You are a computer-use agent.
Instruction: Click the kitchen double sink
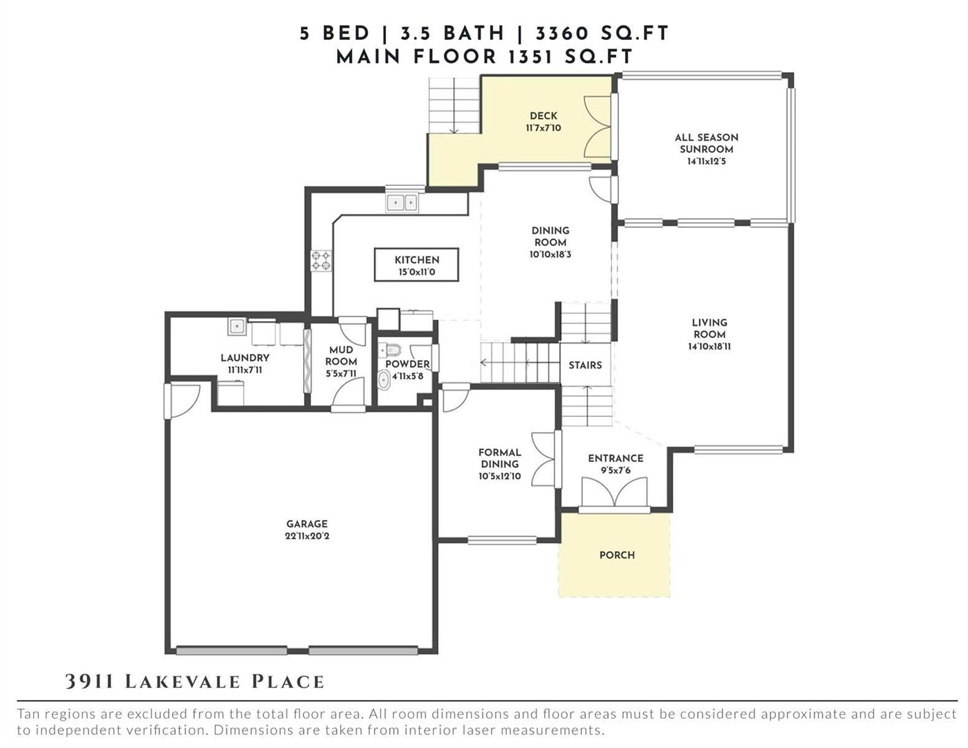pyautogui.click(x=401, y=203)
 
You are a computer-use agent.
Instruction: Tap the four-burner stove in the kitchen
pyautogui.click(x=321, y=261)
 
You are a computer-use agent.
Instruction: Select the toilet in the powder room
pyautogui.click(x=389, y=350)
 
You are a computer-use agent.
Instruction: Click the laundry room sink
pyautogui.click(x=237, y=326)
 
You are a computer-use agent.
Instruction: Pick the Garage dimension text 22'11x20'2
pyautogui.click(x=307, y=536)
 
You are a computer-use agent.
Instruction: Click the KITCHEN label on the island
pyautogui.click(x=416, y=260)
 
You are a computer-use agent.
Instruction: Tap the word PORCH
pyautogui.click(x=616, y=555)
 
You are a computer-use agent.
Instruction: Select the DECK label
pyautogui.click(x=544, y=116)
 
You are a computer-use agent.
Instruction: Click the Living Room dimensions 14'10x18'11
pyautogui.click(x=709, y=346)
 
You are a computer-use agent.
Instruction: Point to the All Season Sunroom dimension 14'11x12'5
pyautogui.click(x=706, y=161)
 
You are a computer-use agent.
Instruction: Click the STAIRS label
pyautogui.click(x=585, y=365)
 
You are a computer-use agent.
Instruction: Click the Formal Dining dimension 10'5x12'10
pyautogui.click(x=499, y=476)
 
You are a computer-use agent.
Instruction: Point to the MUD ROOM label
pyautogui.click(x=341, y=356)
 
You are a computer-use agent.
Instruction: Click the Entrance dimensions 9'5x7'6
pyautogui.click(x=616, y=470)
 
